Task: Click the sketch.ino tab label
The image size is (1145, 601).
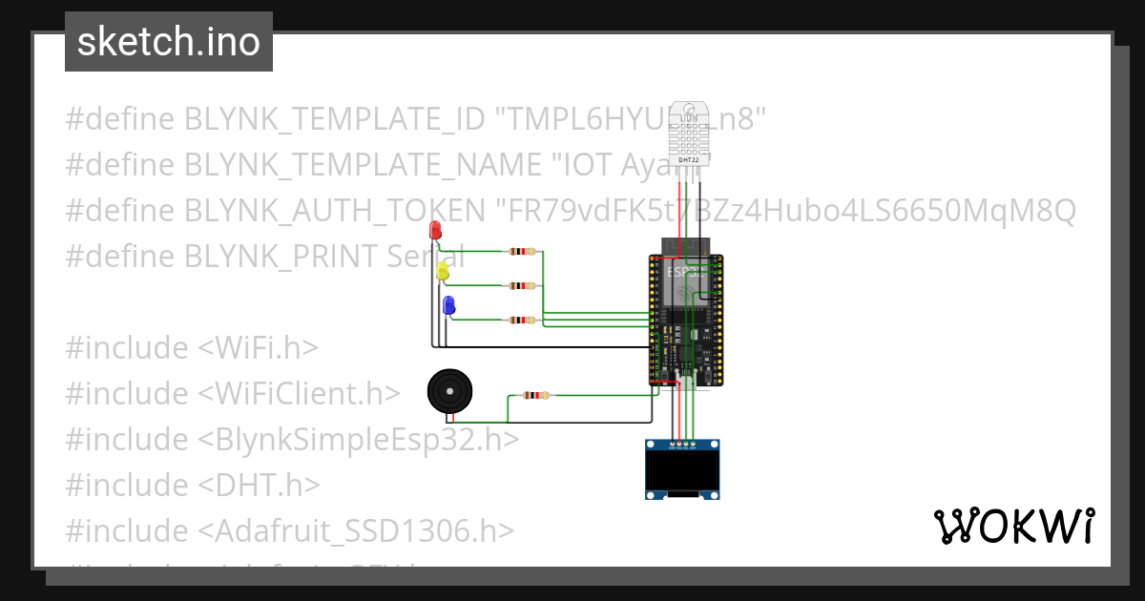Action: tap(169, 42)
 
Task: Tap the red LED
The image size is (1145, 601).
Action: tap(435, 231)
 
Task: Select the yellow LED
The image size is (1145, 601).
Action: tap(442, 270)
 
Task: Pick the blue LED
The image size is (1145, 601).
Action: tap(448, 305)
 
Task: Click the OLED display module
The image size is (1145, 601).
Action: tap(682, 470)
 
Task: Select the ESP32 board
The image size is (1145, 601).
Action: tap(686, 320)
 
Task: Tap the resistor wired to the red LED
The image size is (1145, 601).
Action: tap(522, 252)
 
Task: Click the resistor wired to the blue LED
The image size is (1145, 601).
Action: tap(522, 321)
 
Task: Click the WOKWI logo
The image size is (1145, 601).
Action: tap(1013, 527)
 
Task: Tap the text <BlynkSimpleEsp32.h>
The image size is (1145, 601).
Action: tap(359, 439)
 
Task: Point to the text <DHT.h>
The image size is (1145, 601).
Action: tap(259, 485)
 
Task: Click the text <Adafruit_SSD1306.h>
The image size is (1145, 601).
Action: tap(357, 530)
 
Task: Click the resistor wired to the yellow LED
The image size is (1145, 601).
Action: tap(522, 285)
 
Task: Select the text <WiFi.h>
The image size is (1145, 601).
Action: tap(258, 347)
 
